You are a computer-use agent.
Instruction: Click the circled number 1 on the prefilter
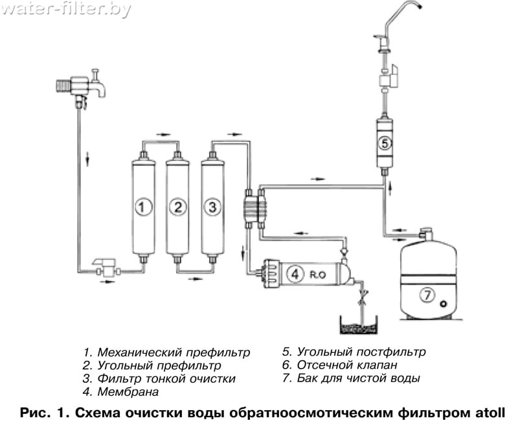pyautogui.click(x=143, y=207)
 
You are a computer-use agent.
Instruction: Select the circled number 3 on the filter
pyautogui.click(x=212, y=207)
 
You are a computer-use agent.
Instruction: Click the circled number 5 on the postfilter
pyautogui.click(x=385, y=143)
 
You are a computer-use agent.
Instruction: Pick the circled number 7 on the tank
pyautogui.click(x=428, y=295)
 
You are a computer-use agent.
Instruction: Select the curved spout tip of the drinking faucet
pyautogui.click(x=419, y=6)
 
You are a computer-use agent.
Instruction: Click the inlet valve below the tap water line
pyautogui.click(x=106, y=268)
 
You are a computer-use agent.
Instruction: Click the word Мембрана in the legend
pyautogui.click(x=128, y=392)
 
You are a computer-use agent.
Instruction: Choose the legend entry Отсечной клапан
pyautogui.click(x=340, y=365)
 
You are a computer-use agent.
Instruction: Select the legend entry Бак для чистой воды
pyautogui.click(x=351, y=378)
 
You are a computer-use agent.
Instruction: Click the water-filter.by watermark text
pyautogui.click(x=66, y=10)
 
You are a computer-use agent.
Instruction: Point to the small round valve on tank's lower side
pyautogui.click(x=444, y=303)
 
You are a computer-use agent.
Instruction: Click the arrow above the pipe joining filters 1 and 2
pyautogui.click(x=163, y=134)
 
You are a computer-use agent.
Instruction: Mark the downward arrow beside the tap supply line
pyautogui.click(x=87, y=158)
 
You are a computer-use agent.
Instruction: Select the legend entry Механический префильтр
pyautogui.click(x=167, y=352)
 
